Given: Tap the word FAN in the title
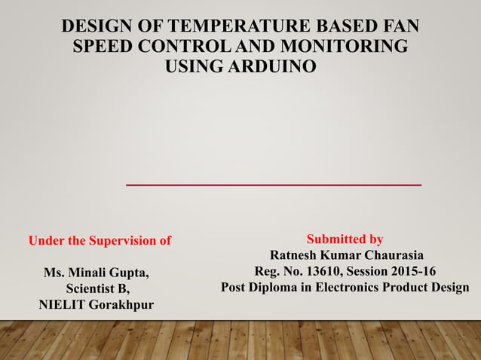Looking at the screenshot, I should [x=400, y=28].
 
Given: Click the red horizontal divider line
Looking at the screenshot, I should [x=273, y=185].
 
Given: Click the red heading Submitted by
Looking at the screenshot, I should [x=345, y=239].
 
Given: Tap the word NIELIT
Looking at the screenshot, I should [x=63, y=305].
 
